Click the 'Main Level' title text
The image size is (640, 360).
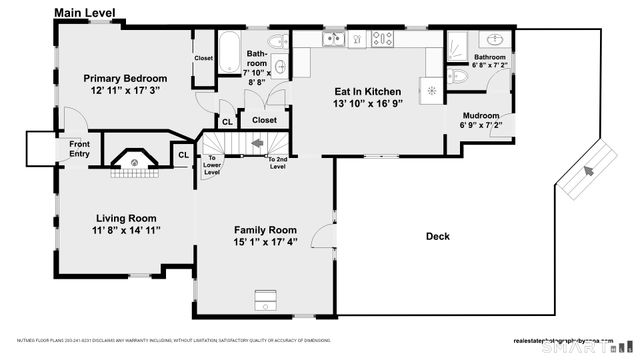pos(85,13)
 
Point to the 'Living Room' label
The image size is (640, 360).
pos(126,218)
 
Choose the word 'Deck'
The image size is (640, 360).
pos(438,237)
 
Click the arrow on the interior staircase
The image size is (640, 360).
pos(257,143)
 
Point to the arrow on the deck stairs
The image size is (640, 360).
pos(587,172)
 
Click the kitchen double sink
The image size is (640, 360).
pos(332,40)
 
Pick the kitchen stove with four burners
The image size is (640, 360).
pos(381,40)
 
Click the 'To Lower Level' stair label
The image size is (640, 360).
pos(212,165)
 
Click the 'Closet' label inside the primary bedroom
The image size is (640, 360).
pos(203,58)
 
